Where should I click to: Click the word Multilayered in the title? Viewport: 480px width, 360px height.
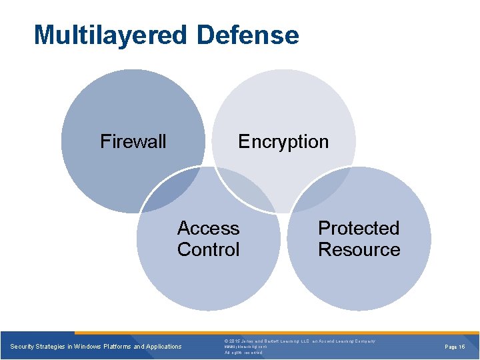(x=111, y=35)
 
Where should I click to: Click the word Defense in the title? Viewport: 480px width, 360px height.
(x=248, y=35)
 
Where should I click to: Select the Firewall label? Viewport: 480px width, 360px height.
(x=133, y=141)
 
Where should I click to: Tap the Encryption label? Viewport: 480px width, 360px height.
(x=283, y=141)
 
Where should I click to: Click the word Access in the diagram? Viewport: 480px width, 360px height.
(x=208, y=228)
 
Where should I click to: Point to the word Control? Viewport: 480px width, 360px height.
(x=208, y=249)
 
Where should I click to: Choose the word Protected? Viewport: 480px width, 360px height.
(x=359, y=228)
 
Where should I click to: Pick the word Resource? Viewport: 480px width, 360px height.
(x=359, y=249)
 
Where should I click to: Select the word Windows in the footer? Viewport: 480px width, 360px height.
(x=88, y=347)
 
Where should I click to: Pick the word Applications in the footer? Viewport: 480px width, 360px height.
(x=163, y=347)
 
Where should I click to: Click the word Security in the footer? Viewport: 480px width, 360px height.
(x=23, y=347)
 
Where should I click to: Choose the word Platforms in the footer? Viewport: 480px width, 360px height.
(x=117, y=347)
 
